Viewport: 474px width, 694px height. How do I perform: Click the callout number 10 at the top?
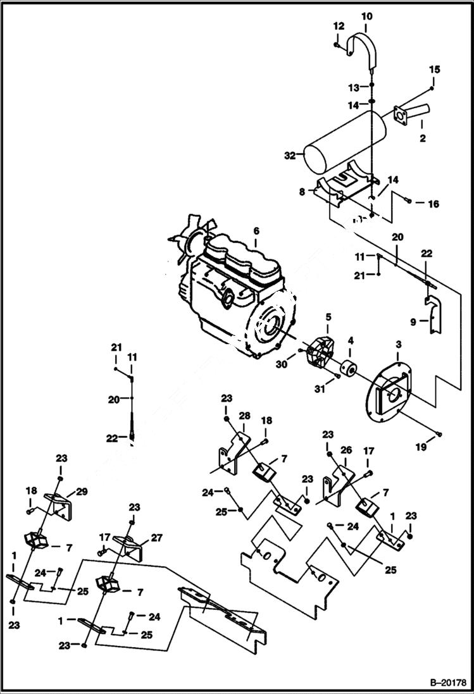367,15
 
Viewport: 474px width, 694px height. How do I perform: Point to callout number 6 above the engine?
256,232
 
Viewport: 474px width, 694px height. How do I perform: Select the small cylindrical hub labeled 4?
349,367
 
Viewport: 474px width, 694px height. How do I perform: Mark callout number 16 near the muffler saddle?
433,204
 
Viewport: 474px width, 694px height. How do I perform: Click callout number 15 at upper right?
435,69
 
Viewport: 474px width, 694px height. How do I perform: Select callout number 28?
244,416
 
